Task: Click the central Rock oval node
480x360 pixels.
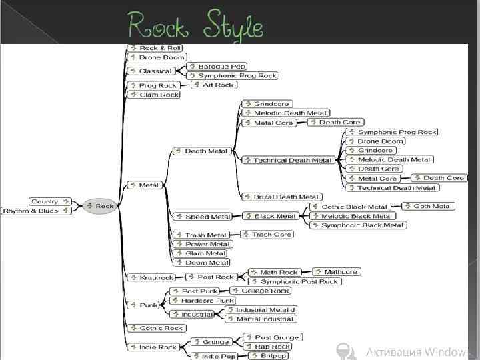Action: click(101, 206)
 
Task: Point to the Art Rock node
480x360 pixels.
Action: click(214, 85)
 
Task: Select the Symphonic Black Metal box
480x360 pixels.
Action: click(358, 225)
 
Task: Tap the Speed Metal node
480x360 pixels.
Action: click(203, 217)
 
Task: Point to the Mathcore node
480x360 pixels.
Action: click(337, 272)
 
